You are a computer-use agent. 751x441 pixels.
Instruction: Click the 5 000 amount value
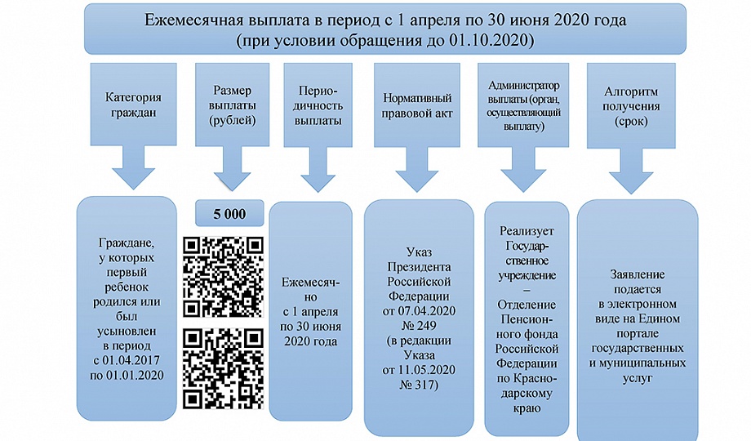(x=229, y=214)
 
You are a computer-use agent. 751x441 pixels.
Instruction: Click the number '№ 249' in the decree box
(x=418, y=327)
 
